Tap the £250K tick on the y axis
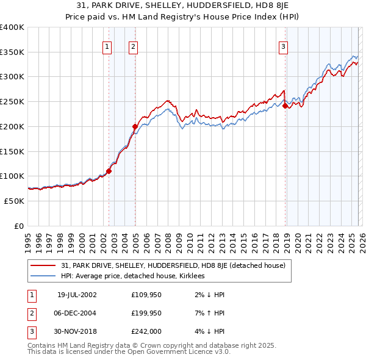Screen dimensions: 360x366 12,101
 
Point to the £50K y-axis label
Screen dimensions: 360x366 14,201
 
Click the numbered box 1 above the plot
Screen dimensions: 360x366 107,46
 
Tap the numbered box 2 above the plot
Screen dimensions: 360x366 133,46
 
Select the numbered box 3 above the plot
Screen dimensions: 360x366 284,46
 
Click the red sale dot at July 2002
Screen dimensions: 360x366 109,171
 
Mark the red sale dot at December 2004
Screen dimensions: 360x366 135,126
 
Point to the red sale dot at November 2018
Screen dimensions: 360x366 285,106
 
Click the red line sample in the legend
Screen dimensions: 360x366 43,265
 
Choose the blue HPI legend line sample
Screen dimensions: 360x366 43,276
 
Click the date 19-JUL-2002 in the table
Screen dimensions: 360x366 77,295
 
